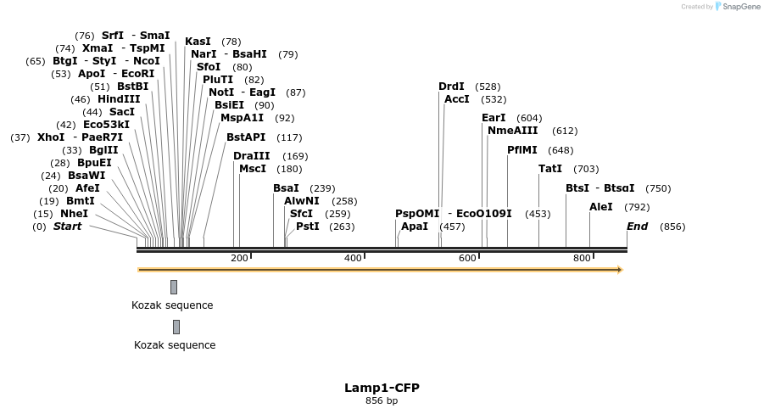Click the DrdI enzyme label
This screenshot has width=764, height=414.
click(451, 87)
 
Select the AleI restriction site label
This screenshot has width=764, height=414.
click(600, 207)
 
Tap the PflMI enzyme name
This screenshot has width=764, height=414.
click(521, 150)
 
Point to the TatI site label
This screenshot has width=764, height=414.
click(549, 169)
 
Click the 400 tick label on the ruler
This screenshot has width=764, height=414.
click(353, 258)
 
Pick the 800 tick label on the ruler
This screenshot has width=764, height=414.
click(582, 258)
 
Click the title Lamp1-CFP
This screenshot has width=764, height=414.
click(382, 388)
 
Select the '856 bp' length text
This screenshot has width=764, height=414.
click(382, 401)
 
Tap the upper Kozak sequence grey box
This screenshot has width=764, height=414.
click(174, 287)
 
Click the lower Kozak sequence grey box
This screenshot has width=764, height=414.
click(176, 327)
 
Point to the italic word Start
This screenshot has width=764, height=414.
click(67, 227)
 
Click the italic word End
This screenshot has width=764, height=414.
click(637, 227)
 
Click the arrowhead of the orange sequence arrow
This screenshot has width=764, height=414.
click(620, 270)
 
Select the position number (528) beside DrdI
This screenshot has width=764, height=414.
click(488, 87)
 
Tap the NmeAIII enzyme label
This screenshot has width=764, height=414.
click(512, 131)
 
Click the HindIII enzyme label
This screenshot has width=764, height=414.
click(118, 99)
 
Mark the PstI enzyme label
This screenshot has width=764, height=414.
click(307, 227)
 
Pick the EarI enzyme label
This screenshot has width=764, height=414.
click(494, 118)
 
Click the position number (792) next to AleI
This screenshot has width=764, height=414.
click(637, 207)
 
